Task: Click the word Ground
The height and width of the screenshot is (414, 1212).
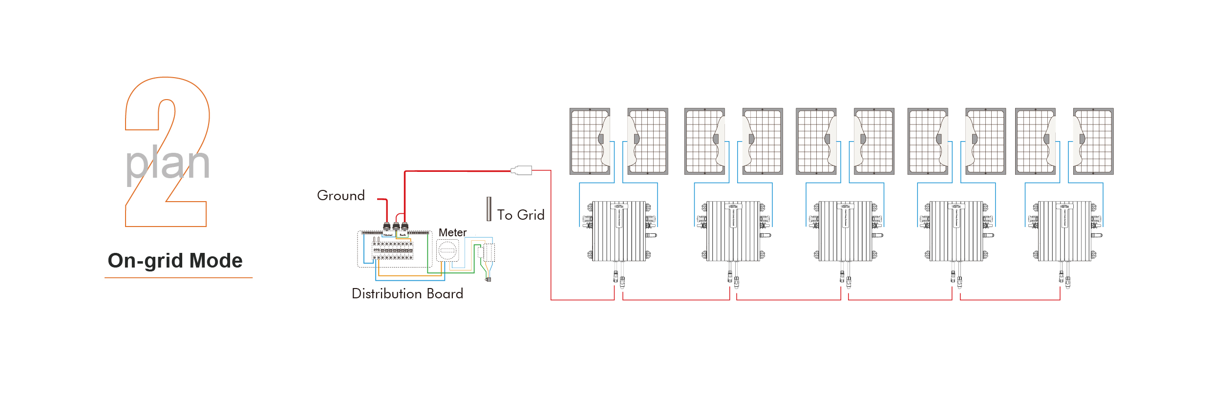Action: click(x=340, y=195)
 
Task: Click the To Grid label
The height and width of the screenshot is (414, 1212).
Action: click(x=520, y=215)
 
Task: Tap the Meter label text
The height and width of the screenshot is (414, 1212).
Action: click(x=452, y=232)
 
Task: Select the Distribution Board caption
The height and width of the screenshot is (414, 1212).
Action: click(x=407, y=293)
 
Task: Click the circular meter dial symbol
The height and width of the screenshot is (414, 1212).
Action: click(x=447, y=251)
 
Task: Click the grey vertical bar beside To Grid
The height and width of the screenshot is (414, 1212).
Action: click(x=489, y=209)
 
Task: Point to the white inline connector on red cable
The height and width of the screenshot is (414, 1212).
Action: click(x=522, y=170)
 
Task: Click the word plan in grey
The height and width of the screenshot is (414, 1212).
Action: click(x=168, y=164)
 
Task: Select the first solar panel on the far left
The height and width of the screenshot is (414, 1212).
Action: click(x=590, y=141)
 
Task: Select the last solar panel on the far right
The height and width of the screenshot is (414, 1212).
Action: click(x=1093, y=141)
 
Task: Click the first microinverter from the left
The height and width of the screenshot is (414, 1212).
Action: click(x=619, y=231)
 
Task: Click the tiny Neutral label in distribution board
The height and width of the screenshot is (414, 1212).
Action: click(x=388, y=235)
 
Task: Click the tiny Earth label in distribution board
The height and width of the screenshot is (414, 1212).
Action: click(x=403, y=235)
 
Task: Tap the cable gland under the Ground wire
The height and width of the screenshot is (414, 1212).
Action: click(x=387, y=226)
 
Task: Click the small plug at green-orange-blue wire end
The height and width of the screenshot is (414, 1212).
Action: click(x=488, y=279)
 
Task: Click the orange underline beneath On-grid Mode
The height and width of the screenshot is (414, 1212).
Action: click(x=178, y=278)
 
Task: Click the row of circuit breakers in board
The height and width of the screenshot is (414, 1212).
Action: click(x=393, y=250)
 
